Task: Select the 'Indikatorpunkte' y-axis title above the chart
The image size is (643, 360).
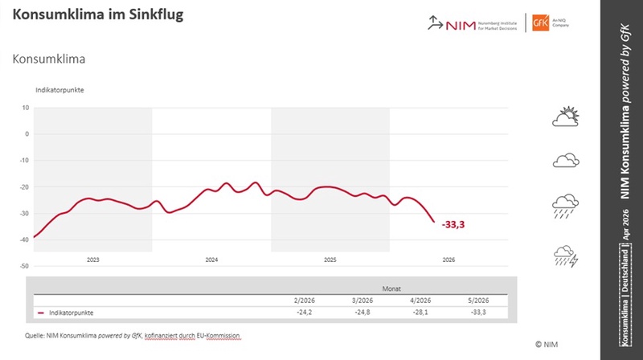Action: point(59,89)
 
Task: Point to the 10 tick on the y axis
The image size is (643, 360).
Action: point(26,108)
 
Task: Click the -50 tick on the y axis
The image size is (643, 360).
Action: point(24,266)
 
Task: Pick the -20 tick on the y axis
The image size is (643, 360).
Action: point(24,187)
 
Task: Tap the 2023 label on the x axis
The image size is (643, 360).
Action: point(92,260)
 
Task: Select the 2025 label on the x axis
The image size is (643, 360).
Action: point(330,260)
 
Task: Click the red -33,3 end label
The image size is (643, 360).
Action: point(454,225)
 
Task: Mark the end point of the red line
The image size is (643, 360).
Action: point(434,222)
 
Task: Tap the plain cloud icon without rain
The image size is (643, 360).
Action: point(566,161)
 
